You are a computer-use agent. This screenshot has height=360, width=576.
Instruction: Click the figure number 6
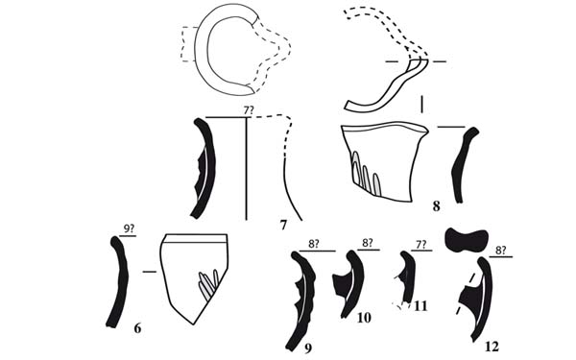pyautogui.click(x=137, y=328)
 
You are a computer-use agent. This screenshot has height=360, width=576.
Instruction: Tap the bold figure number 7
pyautogui.click(x=283, y=225)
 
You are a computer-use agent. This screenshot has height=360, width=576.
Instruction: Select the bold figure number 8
pyautogui.click(x=436, y=206)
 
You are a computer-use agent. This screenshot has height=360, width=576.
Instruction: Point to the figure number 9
pyautogui.click(x=308, y=348)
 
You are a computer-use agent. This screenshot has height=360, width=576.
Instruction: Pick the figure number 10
pyautogui.click(x=364, y=318)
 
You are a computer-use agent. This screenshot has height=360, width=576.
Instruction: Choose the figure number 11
pyautogui.click(x=420, y=305)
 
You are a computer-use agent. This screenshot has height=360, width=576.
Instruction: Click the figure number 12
pyautogui.click(x=492, y=347)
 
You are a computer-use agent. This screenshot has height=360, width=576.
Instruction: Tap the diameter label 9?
pyautogui.click(x=129, y=229)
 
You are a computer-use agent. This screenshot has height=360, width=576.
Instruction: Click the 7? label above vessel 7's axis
pyautogui.click(x=249, y=109)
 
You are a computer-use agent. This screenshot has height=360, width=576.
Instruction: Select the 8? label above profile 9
pyautogui.click(x=313, y=244)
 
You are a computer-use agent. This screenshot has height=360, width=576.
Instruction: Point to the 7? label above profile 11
pyautogui.click(x=421, y=244)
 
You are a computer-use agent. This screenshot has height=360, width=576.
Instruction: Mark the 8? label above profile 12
pyautogui.click(x=501, y=251)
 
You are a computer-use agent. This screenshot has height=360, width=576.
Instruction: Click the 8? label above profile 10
pyautogui.click(x=368, y=243)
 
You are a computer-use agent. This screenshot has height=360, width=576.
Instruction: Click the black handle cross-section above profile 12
pyautogui.click(x=467, y=240)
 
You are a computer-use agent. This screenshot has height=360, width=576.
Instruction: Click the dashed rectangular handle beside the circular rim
pyautogui.click(x=188, y=44)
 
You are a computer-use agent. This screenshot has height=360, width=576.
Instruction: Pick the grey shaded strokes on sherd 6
pyautogui.click(x=208, y=284)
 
